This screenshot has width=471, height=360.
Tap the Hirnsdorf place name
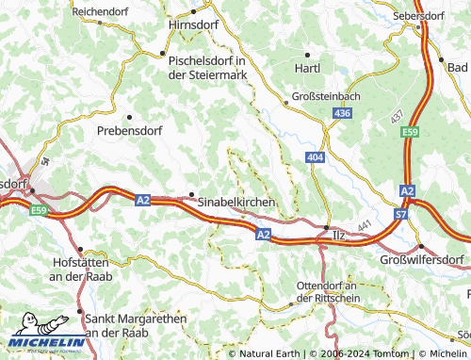192,26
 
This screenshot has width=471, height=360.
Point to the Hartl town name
307,68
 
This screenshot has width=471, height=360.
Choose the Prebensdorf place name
129,131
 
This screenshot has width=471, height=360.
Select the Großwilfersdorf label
423,259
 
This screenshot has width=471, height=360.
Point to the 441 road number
365,219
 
